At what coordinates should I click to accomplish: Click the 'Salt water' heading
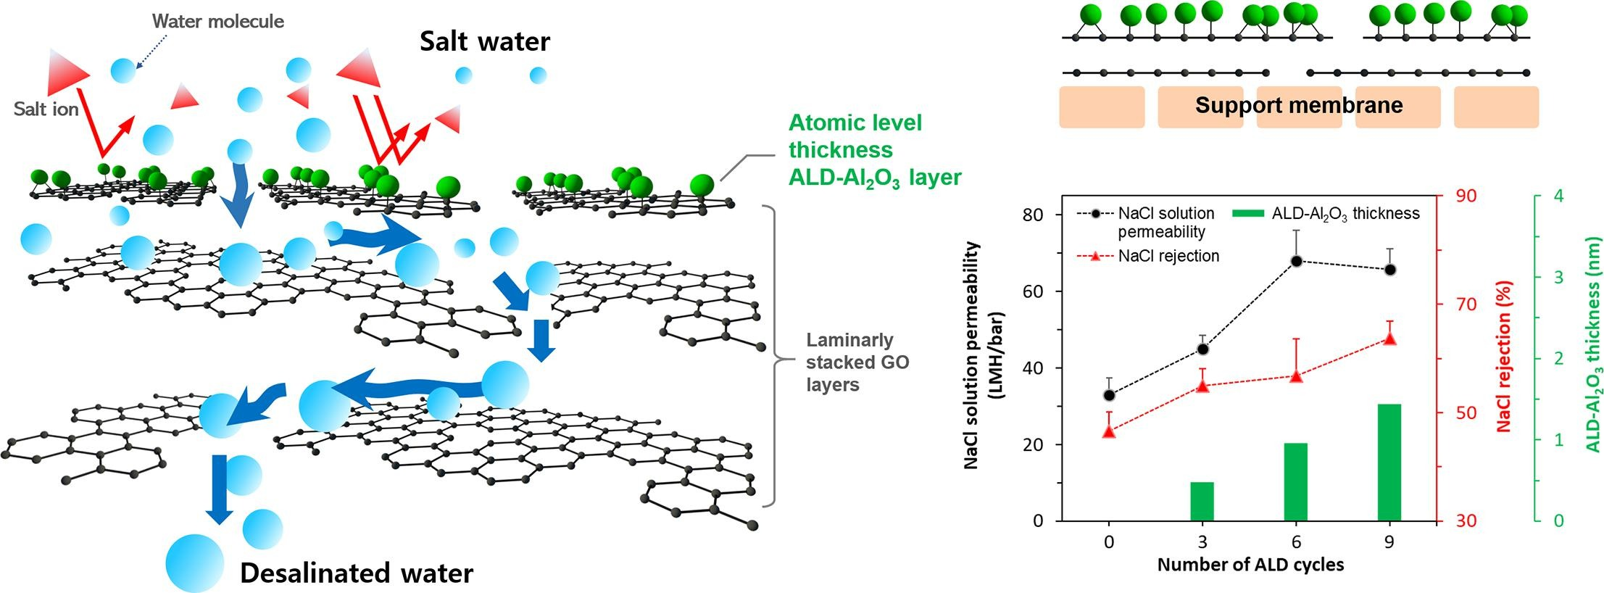tap(485, 41)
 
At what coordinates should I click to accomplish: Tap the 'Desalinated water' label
tap(357, 573)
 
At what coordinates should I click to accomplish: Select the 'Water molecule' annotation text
tap(217, 21)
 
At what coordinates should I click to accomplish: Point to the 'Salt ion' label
tap(46, 109)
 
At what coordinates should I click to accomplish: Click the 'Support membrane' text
tap(1299, 105)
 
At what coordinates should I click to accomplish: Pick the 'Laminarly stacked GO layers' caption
tap(857, 362)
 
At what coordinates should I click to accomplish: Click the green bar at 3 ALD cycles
tap(1202, 501)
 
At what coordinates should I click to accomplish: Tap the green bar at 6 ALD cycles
tap(1296, 481)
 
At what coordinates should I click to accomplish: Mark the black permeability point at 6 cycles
tap(1296, 261)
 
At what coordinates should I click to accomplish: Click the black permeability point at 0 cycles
tap(1109, 395)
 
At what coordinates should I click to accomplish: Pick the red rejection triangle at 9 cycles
tap(1389, 338)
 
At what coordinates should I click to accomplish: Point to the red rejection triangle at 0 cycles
tap(1109, 431)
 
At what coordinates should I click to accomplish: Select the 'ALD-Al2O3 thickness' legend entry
tap(1345, 214)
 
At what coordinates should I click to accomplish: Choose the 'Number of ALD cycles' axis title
tap(1250, 565)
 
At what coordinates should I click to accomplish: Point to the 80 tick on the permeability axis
tap(1032, 215)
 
